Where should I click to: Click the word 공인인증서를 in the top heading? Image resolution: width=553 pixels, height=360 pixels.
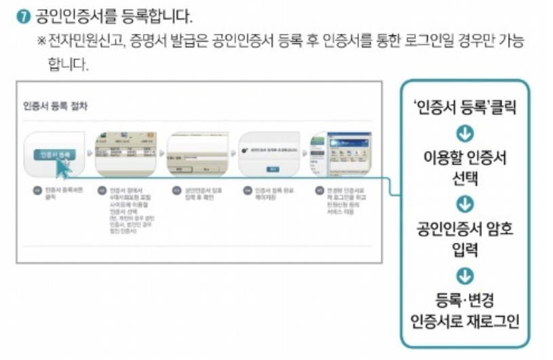(x=64, y=15)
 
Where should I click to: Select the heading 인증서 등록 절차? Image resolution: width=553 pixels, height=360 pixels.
(x=55, y=106)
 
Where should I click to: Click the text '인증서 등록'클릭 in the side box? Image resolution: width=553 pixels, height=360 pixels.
(x=465, y=106)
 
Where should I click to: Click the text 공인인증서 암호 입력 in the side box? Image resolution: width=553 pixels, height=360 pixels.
(x=465, y=238)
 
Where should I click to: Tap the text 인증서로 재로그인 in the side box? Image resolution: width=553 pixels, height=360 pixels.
(x=465, y=319)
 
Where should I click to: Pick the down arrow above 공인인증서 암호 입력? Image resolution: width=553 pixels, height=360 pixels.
(x=465, y=203)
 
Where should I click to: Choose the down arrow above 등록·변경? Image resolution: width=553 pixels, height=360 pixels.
(x=465, y=275)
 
